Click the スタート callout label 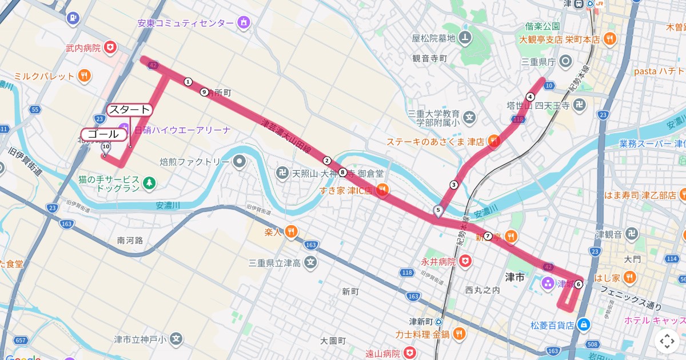click(x=130, y=110)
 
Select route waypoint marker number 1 click(x=188, y=82)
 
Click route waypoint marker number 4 click(x=531, y=97)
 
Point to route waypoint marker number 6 click(x=579, y=284)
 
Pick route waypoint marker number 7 click(x=488, y=236)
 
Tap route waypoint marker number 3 click(x=454, y=184)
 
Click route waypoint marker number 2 click(x=327, y=161)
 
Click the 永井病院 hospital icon click(x=466, y=262)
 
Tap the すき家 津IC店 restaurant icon click(x=382, y=190)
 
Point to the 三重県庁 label click(x=539, y=61)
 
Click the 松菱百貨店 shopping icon click(x=583, y=325)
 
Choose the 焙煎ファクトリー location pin click(x=238, y=162)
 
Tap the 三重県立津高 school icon click(x=310, y=263)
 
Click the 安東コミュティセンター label click(x=186, y=23)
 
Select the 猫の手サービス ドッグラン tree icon click(x=149, y=183)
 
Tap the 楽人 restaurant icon click(x=291, y=231)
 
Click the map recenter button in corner click(x=667, y=341)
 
